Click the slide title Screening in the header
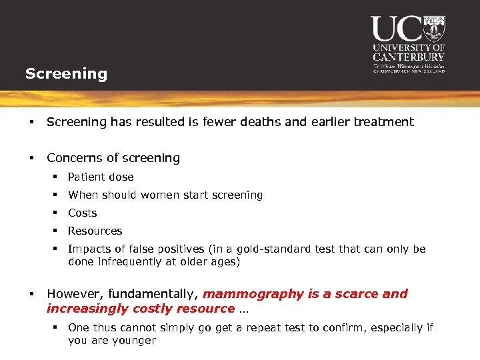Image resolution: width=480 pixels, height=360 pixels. click(x=66, y=73)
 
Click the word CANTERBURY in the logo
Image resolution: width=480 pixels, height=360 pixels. click(x=409, y=57)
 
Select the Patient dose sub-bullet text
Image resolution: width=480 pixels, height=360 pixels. click(x=101, y=177)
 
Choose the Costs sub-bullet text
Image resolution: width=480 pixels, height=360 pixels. click(x=83, y=213)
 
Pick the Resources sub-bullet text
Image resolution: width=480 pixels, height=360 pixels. click(x=95, y=231)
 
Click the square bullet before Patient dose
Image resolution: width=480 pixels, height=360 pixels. click(x=59, y=177)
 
